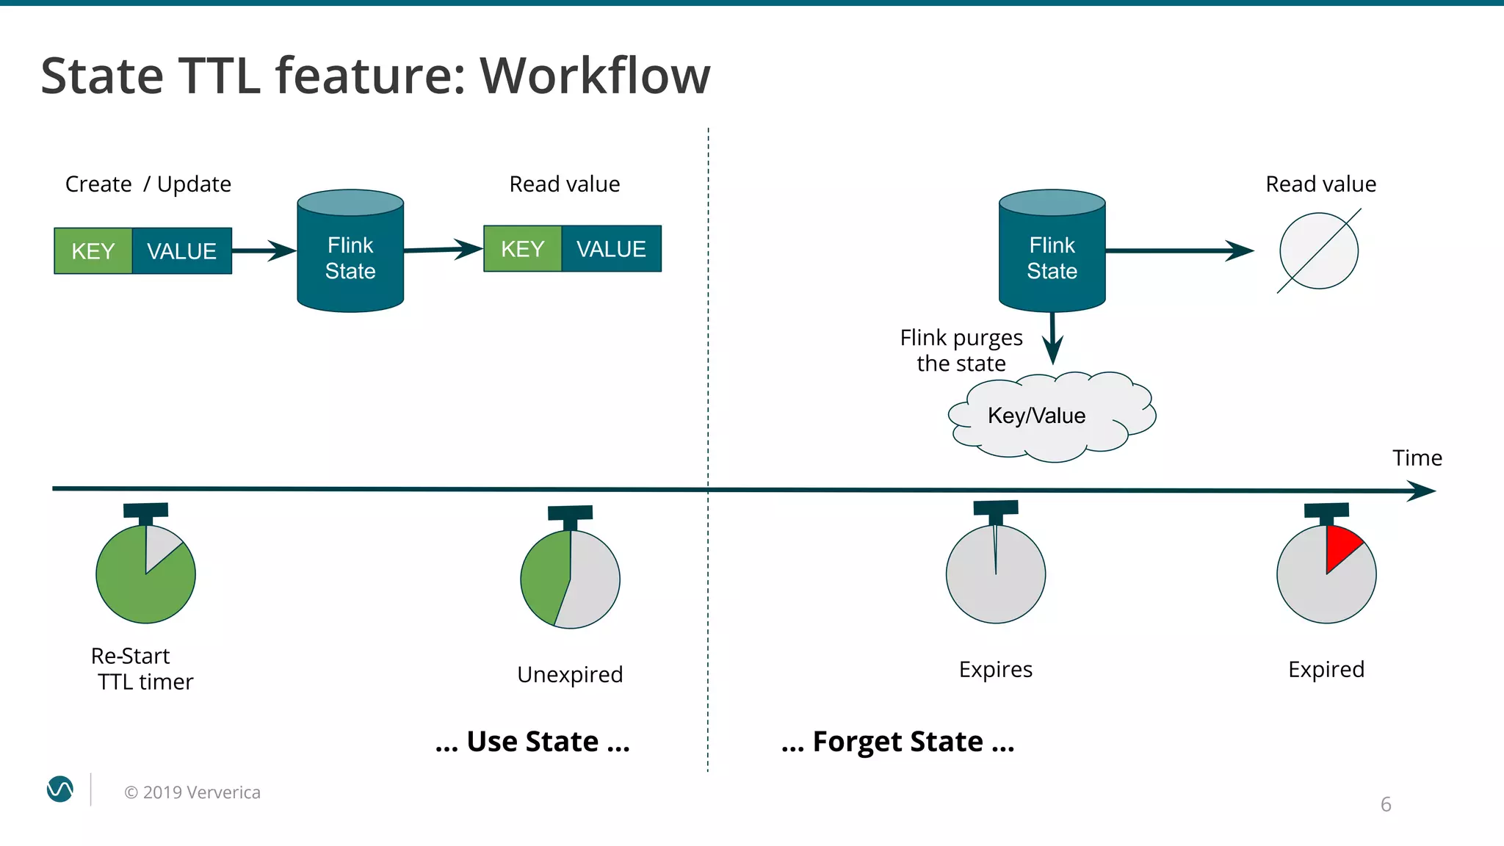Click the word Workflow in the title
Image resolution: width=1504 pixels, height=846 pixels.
pyautogui.click(x=595, y=76)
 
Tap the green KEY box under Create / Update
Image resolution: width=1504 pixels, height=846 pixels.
pyautogui.click(x=93, y=251)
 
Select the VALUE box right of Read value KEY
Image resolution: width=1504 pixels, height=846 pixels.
pyautogui.click(x=611, y=249)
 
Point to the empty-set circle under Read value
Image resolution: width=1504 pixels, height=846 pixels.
pyautogui.click(x=1319, y=250)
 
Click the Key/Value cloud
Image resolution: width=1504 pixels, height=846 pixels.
pyautogui.click(x=1043, y=416)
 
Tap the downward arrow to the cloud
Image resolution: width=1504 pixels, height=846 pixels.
pyautogui.click(x=1052, y=339)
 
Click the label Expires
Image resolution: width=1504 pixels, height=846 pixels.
pyautogui.click(x=995, y=669)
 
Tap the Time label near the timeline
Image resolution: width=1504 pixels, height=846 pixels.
pyautogui.click(x=1417, y=458)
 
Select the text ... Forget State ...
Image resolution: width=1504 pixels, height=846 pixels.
pyautogui.click(x=897, y=742)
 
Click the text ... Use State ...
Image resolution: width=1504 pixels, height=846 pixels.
pyautogui.click(x=532, y=742)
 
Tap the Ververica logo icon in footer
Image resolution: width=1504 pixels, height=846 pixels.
pyautogui.click(x=60, y=789)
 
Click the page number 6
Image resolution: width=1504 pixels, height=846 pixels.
pyautogui.click(x=1386, y=804)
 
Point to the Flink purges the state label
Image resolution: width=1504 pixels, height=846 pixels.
pyautogui.click(x=961, y=350)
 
